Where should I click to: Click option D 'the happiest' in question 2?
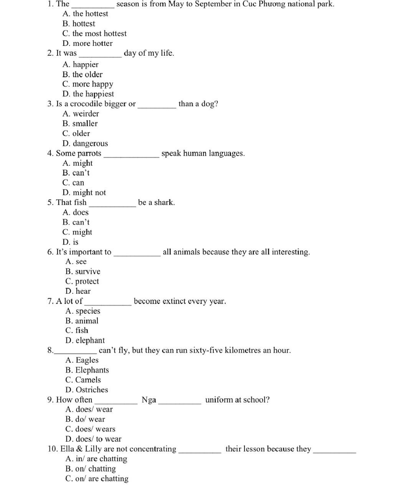click(x=88, y=94)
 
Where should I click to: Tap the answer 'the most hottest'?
click(x=94, y=34)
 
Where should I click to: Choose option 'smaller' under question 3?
click(x=80, y=123)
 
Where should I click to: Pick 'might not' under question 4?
click(x=84, y=192)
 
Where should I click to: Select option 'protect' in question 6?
click(x=82, y=281)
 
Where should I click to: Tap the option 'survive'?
click(x=83, y=271)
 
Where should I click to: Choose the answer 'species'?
click(x=83, y=311)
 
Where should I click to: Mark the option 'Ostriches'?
click(x=87, y=390)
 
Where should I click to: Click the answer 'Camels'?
click(x=83, y=380)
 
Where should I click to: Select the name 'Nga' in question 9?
click(x=149, y=400)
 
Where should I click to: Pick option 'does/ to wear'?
click(x=93, y=439)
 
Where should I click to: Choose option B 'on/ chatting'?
click(x=91, y=469)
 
